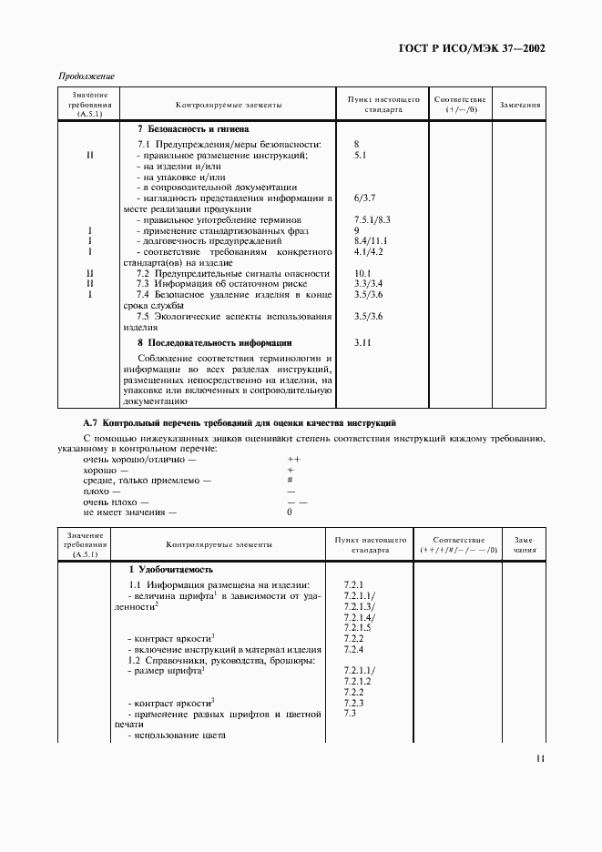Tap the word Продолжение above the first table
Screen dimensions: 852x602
(x=85, y=76)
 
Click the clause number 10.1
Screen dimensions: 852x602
(x=361, y=273)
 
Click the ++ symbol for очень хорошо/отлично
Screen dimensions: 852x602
(x=293, y=460)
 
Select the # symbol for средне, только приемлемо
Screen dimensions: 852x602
(x=290, y=480)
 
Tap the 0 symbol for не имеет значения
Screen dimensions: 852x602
(x=290, y=512)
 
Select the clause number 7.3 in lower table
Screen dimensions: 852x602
(x=350, y=714)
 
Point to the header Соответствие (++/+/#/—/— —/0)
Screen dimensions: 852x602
(x=458, y=545)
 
